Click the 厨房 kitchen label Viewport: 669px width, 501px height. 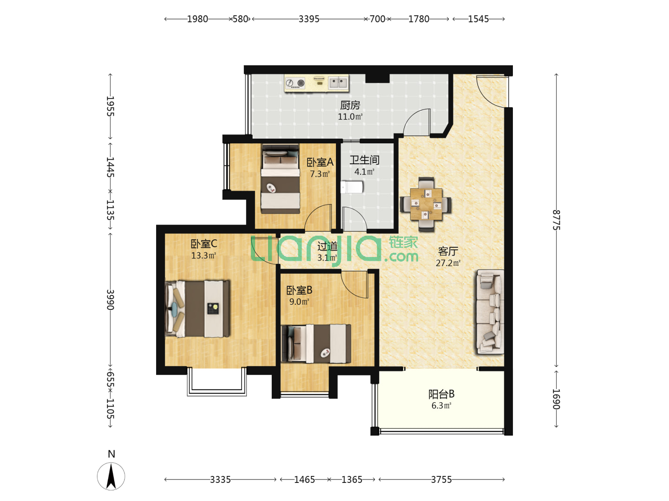coord(350,105)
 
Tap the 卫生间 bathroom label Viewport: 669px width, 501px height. coord(364,160)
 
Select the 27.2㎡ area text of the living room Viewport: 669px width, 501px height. coord(448,263)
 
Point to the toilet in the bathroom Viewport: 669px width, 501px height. coord(352,187)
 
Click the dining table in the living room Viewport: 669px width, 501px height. coord(426,204)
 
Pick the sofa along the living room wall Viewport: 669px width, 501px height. coord(490,312)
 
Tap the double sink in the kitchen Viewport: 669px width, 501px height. coord(338,83)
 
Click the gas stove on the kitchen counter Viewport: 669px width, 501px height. coord(295,83)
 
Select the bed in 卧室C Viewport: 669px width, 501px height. coord(197,309)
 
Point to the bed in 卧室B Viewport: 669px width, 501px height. coord(316,344)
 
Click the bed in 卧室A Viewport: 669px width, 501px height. coord(281,179)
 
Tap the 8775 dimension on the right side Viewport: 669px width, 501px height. coord(556,220)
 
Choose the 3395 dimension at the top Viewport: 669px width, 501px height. coord(309,19)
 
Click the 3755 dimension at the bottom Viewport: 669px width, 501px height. coord(441,480)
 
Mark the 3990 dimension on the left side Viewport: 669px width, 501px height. coord(110,300)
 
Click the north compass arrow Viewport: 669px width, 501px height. coord(111,476)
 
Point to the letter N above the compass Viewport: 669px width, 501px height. coord(111,454)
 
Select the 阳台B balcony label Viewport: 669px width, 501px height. coord(441,394)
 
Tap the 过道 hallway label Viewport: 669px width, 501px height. coord(328,246)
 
